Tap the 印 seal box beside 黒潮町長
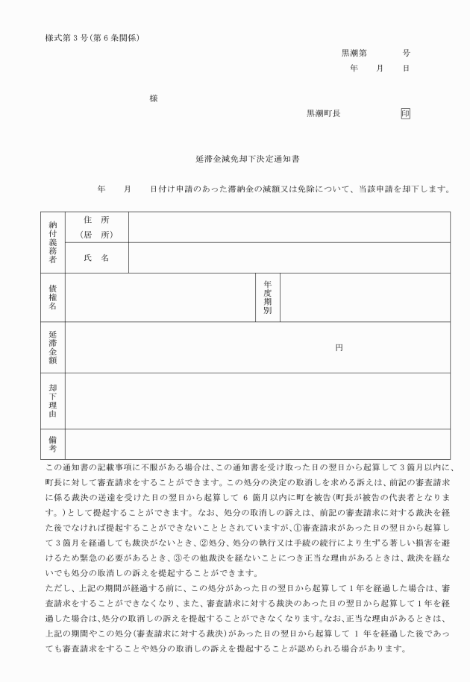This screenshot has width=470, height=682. pyautogui.click(x=405, y=113)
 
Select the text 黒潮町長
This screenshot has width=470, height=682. pyautogui.click(x=324, y=113)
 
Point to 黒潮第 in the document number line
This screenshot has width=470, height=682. pyautogui.click(x=354, y=54)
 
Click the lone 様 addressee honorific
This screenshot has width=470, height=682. pyautogui.click(x=154, y=98)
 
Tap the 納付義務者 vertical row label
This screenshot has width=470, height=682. pyautogui.click(x=53, y=241)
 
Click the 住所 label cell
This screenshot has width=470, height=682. pyautogui.click(x=97, y=227)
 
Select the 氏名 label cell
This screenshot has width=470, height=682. pyautogui.click(x=97, y=257)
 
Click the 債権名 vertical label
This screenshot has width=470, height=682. pyautogui.click(x=53, y=297)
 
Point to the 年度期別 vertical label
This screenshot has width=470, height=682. pyautogui.click(x=267, y=297)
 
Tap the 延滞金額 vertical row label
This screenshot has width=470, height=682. pyautogui.click(x=53, y=347)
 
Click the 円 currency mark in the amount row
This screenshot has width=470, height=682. pyautogui.click(x=339, y=347)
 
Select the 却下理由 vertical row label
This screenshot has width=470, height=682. pyautogui.click(x=53, y=400)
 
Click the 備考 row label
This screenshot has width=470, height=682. pyautogui.click(x=53, y=443)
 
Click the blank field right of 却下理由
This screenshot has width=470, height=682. pyautogui.click(x=257, y=400)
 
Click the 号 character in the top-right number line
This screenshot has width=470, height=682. pyautogui.click(x=406, y=54)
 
